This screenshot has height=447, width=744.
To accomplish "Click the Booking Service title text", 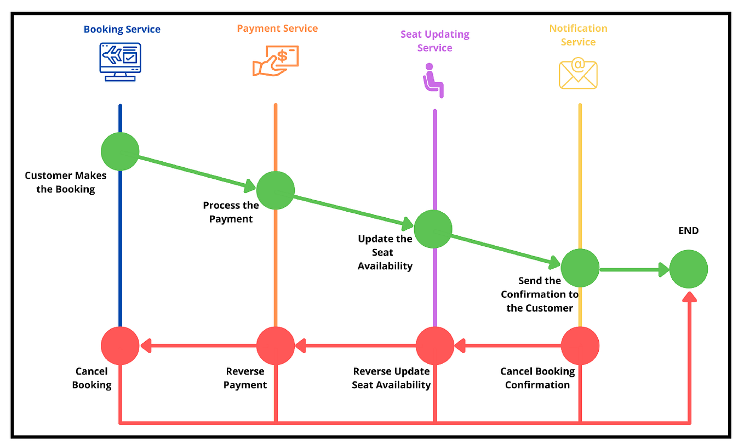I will tap(122, 29).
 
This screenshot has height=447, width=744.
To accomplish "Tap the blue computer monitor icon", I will tap(120, 61).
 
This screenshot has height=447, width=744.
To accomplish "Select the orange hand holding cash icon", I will tap(275, 60).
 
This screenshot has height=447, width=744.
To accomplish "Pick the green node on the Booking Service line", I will tap(120, 151).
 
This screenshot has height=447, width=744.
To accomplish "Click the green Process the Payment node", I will tap(276, 190).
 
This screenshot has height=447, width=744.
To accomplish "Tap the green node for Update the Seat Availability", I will tap(433, 229).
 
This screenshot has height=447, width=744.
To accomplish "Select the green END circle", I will tap(689, 269).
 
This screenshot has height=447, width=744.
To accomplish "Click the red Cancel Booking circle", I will tap(120, 346).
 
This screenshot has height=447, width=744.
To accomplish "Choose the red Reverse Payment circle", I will tap(276, 346).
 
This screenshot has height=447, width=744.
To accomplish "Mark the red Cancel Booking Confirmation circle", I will tap(580, 346).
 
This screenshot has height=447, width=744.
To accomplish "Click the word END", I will tap(689, 231).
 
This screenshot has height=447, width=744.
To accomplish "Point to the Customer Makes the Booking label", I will tap(66, 182).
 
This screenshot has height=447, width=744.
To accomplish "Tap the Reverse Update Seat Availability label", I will tap(391, 378).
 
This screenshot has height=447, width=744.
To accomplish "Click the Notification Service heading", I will tap(578, 35).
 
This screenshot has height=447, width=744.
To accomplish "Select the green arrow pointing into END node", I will tap(636, 269).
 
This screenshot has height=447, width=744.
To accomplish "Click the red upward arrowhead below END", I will tap(689, 297).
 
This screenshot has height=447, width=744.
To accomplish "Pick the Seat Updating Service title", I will tap(434, 41).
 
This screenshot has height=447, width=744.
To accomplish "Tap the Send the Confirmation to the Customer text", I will tap(539, 294).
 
